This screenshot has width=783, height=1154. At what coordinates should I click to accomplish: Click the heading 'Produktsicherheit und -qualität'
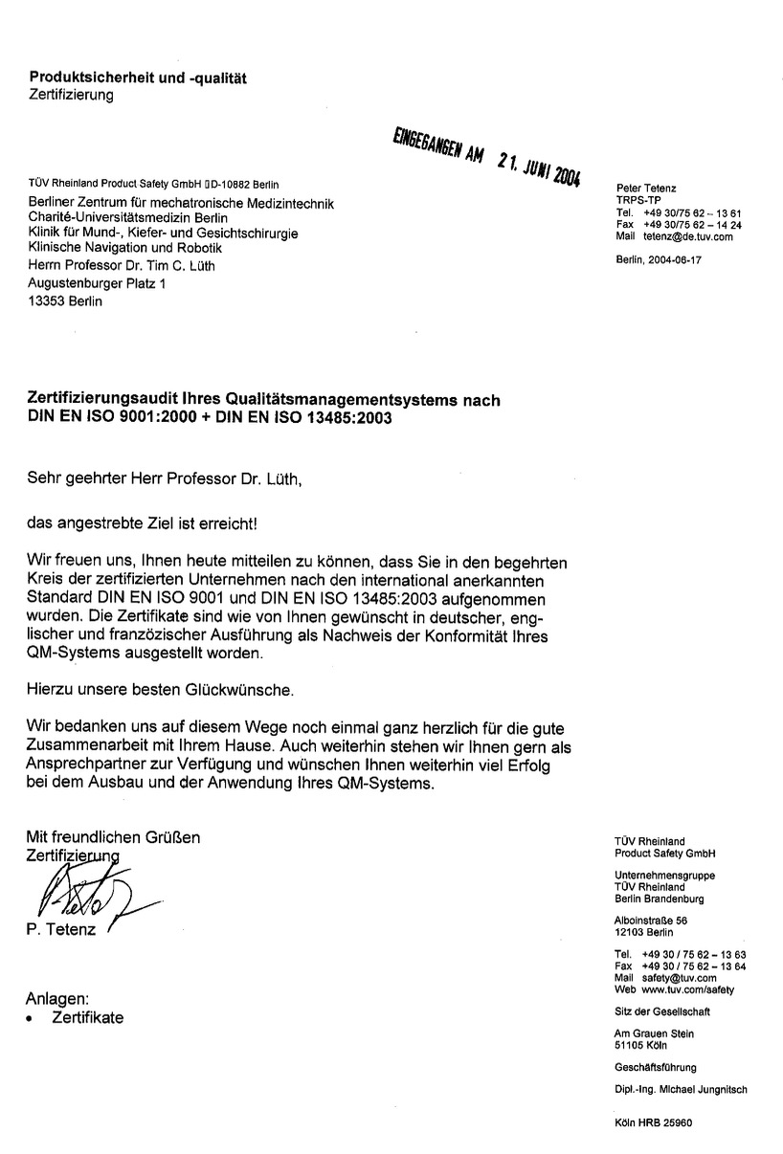[x=138, y=78]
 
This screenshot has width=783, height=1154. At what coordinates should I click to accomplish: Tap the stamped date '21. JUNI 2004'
[x=539, y=169]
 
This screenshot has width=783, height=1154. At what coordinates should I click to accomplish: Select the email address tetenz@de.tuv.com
[x=687, y=236]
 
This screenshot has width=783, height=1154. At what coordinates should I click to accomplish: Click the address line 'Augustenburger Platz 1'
[x=96, y=283]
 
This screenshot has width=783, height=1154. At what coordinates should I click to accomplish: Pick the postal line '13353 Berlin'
[x=64, y=301]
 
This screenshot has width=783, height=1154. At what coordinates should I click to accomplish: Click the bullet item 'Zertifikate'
[x=87, y=1017]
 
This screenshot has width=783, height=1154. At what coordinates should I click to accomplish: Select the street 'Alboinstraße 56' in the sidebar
[x=651, y=921]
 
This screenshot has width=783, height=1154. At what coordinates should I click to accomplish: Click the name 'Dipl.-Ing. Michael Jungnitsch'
[x=680, y=1089]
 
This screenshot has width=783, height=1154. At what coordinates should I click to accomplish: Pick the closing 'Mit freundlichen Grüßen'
[x=114, y=837]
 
